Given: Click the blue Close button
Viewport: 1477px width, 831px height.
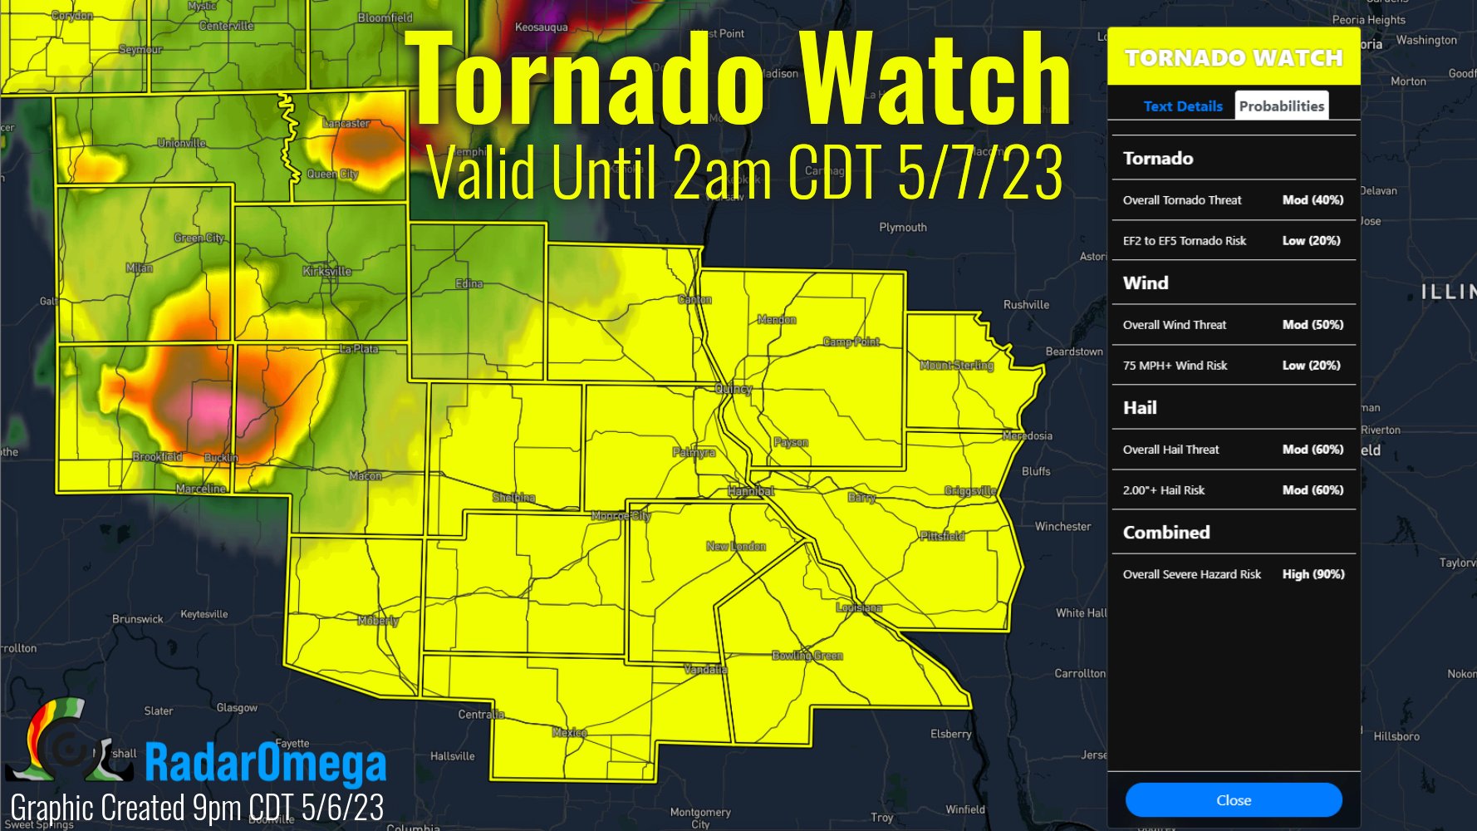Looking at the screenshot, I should coord(1233,800).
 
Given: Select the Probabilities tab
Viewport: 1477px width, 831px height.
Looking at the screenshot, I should coord(1281,106).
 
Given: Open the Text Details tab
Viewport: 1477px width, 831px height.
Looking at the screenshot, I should coord(1182,106).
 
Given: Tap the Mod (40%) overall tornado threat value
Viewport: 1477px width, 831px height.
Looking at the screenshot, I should coord(1313,200).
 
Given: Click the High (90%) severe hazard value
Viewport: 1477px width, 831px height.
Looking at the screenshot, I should coord(1313,574).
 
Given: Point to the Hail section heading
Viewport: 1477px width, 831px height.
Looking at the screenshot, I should coord(1140,408).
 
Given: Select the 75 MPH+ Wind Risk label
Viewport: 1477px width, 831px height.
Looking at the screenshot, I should coord(1175,366).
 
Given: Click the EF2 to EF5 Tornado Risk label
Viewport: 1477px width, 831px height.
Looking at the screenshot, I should coord(1184,241).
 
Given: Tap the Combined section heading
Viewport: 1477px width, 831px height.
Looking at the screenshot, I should coord(1165,533).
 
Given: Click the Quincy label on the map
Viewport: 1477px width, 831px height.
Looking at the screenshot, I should coord(734,389).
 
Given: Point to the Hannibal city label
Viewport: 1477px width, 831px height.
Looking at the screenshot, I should coord(751,491).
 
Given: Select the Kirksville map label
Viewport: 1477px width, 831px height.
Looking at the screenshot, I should coord(326,272).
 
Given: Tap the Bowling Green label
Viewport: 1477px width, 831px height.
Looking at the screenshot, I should coord(807,656).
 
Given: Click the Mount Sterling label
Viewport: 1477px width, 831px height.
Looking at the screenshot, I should coord(956,366).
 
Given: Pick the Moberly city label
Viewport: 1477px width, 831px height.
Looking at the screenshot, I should coord(378,621).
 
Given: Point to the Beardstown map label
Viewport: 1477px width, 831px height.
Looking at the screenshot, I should coord(1073,352).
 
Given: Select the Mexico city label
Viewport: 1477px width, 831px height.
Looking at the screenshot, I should coord(569,732).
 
